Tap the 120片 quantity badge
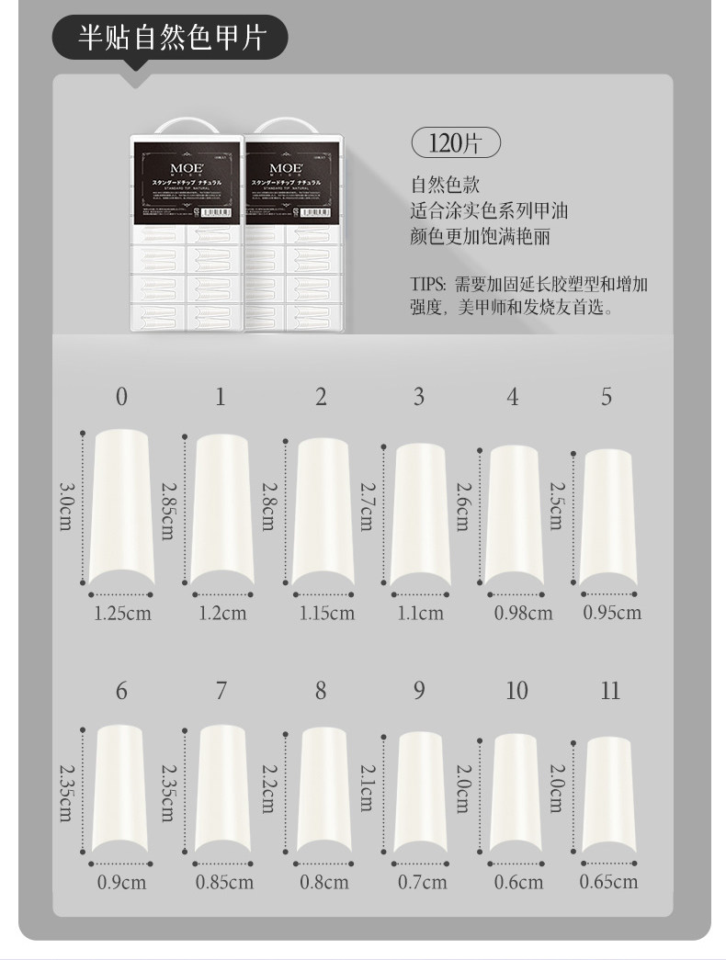coord(454,143)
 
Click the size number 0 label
coord(121,397)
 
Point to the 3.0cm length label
coord(65,506)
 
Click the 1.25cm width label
coord(122,613)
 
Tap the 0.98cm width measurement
coord(523,613)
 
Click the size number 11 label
coord(610,691)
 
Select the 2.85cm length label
coord(167,511)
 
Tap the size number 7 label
coord(221,691)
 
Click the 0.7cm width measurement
coord(422,882)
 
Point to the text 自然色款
coord(445,186)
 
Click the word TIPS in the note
coord(427,284)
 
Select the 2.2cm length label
coord(267,788)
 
